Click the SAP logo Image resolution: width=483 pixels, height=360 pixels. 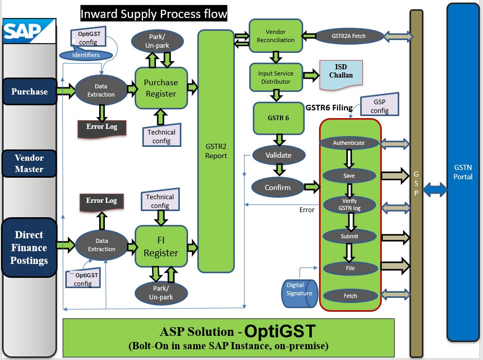29,31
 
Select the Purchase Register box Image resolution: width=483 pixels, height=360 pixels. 161,88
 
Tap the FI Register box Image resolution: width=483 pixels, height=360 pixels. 161,247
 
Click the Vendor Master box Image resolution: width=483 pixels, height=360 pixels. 29,163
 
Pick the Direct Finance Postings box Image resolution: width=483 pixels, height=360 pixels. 29,248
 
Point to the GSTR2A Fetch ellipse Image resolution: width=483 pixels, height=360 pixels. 349,36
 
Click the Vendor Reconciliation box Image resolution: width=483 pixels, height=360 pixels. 276,36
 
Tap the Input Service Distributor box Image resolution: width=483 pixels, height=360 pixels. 276,78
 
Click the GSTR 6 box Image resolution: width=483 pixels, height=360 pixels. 278,118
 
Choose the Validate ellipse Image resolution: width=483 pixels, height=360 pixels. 279,155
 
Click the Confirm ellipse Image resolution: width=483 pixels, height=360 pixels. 278,187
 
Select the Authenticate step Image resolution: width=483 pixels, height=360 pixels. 349,143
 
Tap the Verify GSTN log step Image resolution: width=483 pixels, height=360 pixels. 349,204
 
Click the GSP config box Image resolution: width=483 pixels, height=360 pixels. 380,104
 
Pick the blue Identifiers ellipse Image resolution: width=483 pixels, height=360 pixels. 86,55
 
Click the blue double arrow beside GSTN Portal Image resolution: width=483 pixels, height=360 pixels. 435,190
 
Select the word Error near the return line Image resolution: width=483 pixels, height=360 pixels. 307,210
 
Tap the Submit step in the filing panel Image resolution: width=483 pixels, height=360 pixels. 349,236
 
